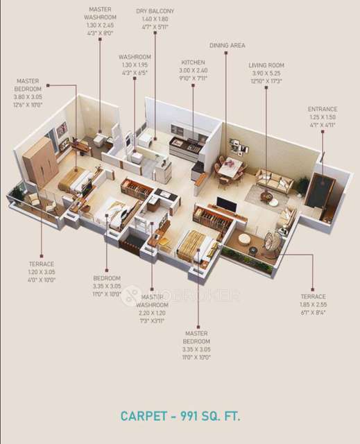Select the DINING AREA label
tap(228, 45)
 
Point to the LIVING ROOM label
tap(266, 66)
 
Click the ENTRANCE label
tap(323, 109)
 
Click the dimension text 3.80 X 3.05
tap(28, 96)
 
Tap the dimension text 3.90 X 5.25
tap(266, 74)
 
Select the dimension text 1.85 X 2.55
tap(314, 304)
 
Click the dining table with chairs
tap(232, 168)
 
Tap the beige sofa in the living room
tap(275, 182)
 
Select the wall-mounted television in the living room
tap(224, 203)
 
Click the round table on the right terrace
tap(245, 239)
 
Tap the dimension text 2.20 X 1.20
tap(152, 313)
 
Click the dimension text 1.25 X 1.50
tap(323, 117)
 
